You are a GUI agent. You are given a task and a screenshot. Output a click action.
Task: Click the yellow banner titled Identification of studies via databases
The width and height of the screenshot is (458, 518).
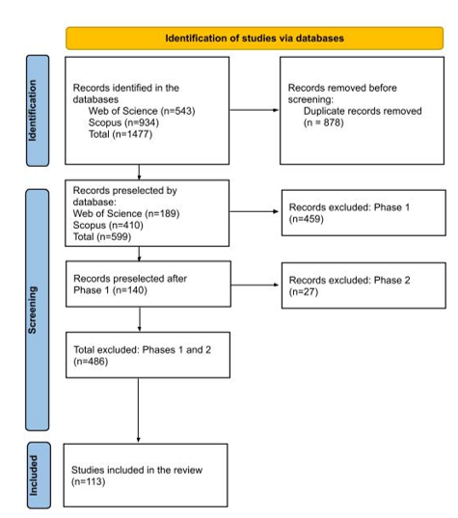click(x=255, y=39)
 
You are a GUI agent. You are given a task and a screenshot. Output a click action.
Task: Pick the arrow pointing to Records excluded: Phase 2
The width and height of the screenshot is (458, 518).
click(x=255, y=285)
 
